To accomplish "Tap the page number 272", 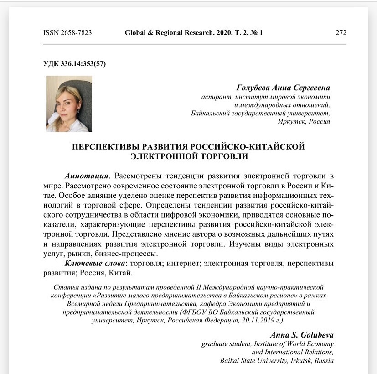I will click(341, 33).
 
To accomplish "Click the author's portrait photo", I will click(69, 104).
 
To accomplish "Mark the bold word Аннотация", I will click(87, 176).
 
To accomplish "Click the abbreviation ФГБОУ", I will click(198, 312).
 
